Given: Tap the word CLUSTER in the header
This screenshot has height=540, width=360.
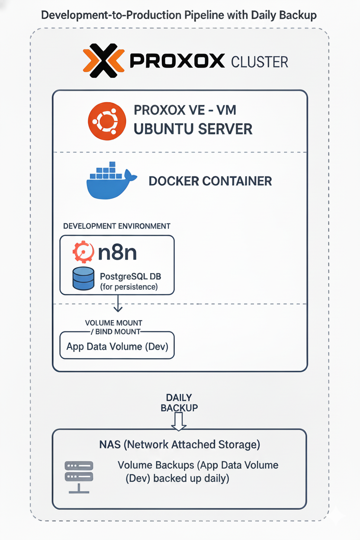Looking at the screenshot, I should click(x=260, y=62).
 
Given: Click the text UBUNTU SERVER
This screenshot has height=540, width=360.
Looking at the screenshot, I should click(x=193, y=129).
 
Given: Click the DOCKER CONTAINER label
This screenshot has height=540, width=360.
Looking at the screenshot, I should click(x=210, y=181).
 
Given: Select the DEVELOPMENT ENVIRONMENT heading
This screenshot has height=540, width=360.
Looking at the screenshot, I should click(x=117, y=226).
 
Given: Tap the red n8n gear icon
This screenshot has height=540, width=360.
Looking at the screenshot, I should click(x=84, y=252).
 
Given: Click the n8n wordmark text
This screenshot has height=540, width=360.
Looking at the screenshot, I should click(x=118, y=252).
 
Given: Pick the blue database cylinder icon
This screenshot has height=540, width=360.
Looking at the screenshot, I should click(x=84, y=278).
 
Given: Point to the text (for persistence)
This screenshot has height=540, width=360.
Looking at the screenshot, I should click(x=129, y=286).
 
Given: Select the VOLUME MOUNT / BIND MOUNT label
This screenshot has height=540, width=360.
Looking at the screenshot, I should click(x=114, y=328).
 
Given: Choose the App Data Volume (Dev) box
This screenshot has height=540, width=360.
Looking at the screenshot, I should click(x=117, y=346).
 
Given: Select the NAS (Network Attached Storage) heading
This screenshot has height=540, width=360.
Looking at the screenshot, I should click(x=180, y=444).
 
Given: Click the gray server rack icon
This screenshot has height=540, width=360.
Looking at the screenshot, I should click(x=78, y=476).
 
